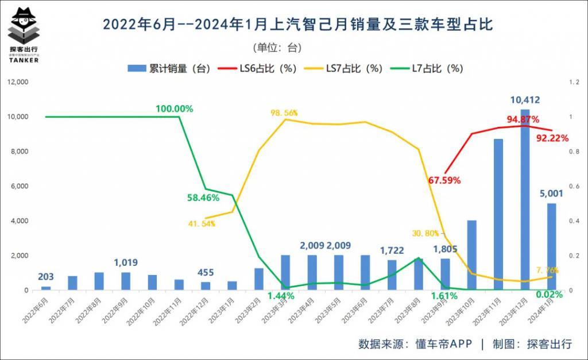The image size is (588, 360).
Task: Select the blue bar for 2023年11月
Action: [498, 214]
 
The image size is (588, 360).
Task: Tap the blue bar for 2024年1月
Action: [551, 246]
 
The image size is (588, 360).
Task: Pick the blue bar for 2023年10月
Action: [471, 255]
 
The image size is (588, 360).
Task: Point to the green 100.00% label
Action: [174, 109]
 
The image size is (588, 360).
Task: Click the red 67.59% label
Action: [444, 180]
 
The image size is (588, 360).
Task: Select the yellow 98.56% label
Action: [284, 113]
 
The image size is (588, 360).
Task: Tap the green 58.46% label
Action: [203, 198]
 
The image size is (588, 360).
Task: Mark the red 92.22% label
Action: [552, 138]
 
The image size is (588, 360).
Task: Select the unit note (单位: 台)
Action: [277, 47]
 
